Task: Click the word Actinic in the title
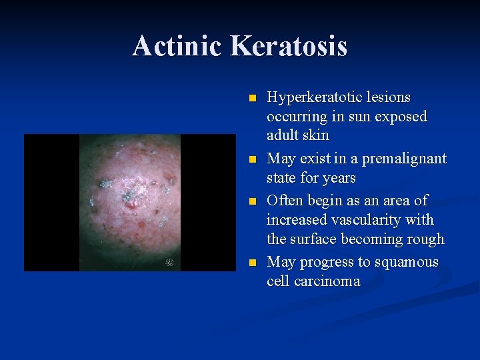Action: click(x=178, y=46)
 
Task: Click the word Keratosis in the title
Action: click(x=289, y=46)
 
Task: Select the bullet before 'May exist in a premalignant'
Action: click(x=251, y=160)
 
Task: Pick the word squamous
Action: click(x=408, y=261)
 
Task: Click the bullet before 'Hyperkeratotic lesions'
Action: click(x=251, y=98)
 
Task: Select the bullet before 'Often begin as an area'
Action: click(x=251, y=201)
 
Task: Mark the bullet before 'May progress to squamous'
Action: click(x=251, y=263)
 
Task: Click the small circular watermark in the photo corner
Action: click(x=170, y=263)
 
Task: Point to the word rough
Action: click(x=425, y=239)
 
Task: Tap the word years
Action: click(x=339, y=178)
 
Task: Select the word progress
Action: click(x=327, y=262)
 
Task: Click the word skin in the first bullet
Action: click(x=316, y=136)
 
